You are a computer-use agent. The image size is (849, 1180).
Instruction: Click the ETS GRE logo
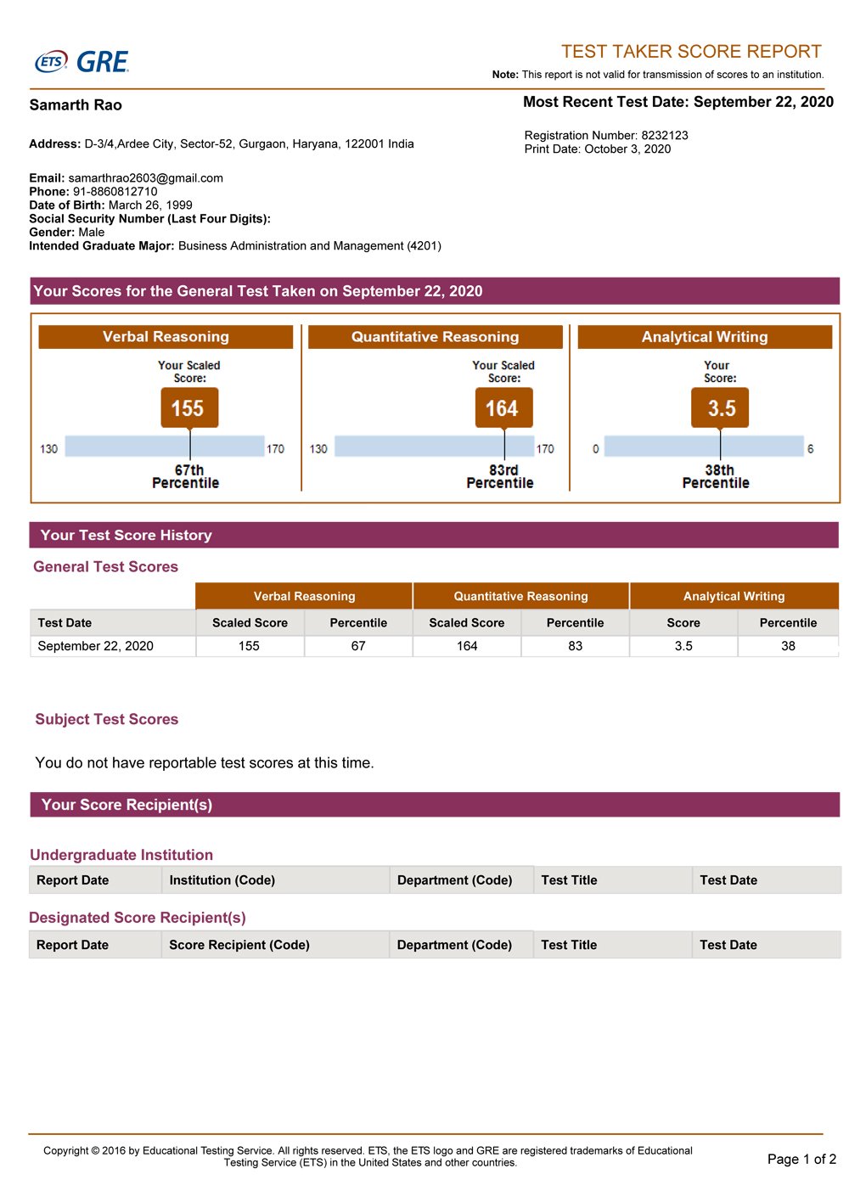82,62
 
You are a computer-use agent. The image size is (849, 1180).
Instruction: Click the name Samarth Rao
76,105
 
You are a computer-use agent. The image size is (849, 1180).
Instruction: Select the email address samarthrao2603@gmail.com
145,178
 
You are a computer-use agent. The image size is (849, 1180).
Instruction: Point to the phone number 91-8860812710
115,192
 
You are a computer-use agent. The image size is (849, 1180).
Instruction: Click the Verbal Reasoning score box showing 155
189,408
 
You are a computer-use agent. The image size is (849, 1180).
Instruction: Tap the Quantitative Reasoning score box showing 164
503,408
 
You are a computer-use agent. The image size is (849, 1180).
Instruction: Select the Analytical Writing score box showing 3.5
720,408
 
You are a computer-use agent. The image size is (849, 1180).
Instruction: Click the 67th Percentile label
187,476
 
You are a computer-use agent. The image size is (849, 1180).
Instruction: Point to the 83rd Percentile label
501,476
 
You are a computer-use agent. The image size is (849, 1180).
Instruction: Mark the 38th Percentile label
717,476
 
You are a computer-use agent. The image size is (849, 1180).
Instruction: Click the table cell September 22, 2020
96,646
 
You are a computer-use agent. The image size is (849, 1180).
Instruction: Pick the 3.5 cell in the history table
683,646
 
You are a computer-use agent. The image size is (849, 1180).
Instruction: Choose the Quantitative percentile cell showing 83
576,646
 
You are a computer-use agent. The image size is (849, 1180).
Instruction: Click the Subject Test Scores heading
107,719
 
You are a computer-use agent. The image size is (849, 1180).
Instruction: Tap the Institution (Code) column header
222,880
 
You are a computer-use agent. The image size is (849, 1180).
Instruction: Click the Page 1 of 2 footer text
801,1159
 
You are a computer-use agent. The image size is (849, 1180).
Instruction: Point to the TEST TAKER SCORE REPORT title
691,51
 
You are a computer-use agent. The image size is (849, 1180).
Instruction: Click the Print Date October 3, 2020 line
598,149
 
